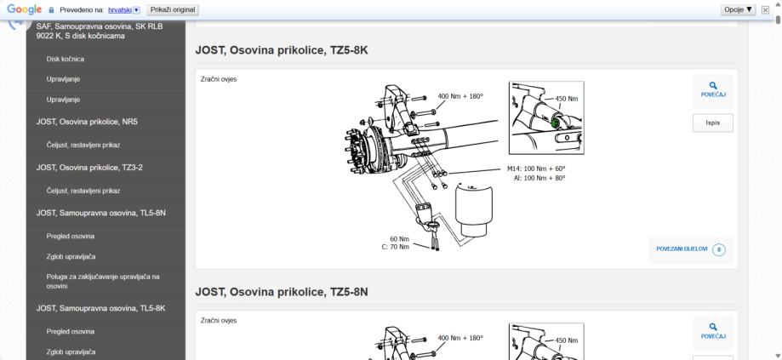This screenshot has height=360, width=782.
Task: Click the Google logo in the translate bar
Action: click(x=24, y=9)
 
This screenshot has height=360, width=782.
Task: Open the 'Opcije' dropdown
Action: click(x=738, y=9)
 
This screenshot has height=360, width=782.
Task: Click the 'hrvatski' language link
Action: click(x=120, y=10)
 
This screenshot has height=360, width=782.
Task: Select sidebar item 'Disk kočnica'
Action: click(x=66, y=59)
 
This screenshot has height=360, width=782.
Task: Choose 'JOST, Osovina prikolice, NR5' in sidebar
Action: click(x=87, y=122)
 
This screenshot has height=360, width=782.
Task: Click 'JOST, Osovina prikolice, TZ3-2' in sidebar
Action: click(x=89, y=168)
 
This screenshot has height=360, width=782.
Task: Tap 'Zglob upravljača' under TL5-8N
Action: click(x=71, y=256)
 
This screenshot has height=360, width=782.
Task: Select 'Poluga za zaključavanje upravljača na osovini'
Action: click(x=103, y=281)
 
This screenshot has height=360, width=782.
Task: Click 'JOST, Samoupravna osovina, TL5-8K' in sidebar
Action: click(x=100, y=308)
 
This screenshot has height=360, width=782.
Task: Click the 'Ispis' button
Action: click(x=713, y=123)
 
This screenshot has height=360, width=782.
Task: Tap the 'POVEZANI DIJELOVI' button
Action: click(x=691, y=249)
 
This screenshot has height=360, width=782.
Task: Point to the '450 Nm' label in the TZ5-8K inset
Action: click(x=566, y=99)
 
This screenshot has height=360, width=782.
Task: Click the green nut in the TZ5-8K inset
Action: click(x=555, y=123)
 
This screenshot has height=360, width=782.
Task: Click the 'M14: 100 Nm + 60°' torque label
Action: click(x=536, y=169)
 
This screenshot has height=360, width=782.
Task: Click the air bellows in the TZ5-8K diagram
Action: click(x=474, y=210)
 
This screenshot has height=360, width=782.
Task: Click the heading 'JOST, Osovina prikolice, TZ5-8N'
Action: click(x=282, y=292)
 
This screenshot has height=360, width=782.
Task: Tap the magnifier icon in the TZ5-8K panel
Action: click(x=713, y=86)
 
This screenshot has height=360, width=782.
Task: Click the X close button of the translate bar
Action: click(x=765, y=10)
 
